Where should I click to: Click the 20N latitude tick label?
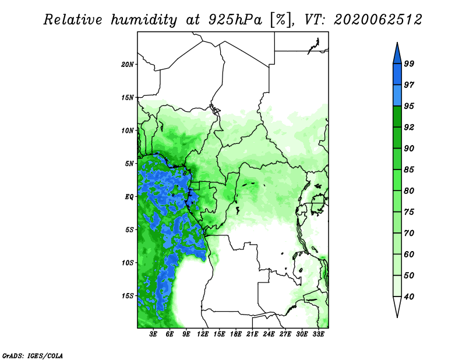128,65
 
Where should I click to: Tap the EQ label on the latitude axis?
129,197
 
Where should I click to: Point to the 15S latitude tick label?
128,296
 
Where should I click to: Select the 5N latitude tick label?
129,164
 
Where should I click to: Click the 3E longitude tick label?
153,334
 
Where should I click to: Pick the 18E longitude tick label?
236,334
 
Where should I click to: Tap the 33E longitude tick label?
318,334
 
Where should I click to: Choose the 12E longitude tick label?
203,334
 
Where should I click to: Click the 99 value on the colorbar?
409,63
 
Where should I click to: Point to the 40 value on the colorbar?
409,297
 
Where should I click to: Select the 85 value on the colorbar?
409,170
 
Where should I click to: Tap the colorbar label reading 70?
409,233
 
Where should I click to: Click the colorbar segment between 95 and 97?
397,96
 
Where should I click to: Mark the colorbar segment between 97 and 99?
397,75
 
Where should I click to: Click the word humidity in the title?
144,20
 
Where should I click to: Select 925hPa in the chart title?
235,20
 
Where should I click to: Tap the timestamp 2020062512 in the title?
377,20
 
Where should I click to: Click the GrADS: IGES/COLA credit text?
33,355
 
